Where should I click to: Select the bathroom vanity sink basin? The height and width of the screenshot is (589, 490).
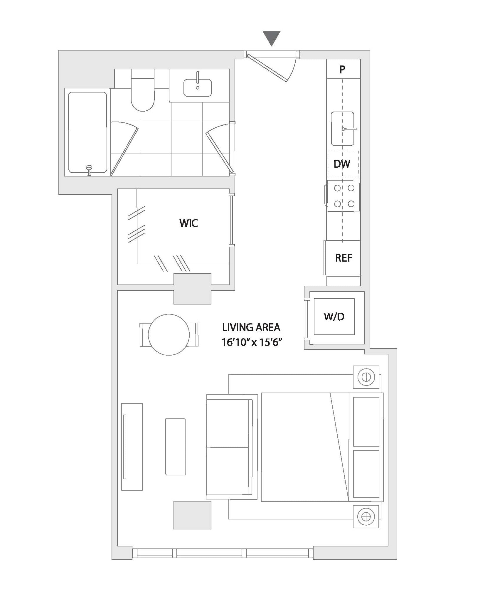[198, 87]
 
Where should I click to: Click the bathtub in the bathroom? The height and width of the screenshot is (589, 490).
[87, 132]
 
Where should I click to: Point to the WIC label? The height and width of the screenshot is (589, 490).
[188, 223]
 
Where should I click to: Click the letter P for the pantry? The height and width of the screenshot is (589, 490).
[342, 70]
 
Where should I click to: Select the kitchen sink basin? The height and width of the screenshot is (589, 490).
[343, 128]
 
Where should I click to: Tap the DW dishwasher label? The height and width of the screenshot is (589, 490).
[342, 164]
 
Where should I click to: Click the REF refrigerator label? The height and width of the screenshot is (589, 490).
[344, 258]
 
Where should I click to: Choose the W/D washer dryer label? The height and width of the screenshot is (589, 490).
[334, 317]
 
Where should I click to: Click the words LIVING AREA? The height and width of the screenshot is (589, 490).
[251, 327]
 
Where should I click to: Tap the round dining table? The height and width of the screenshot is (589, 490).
[169, 335]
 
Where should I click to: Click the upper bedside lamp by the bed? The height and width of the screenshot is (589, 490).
[366, 377]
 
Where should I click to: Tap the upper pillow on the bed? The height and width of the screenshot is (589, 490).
[366, 421]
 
